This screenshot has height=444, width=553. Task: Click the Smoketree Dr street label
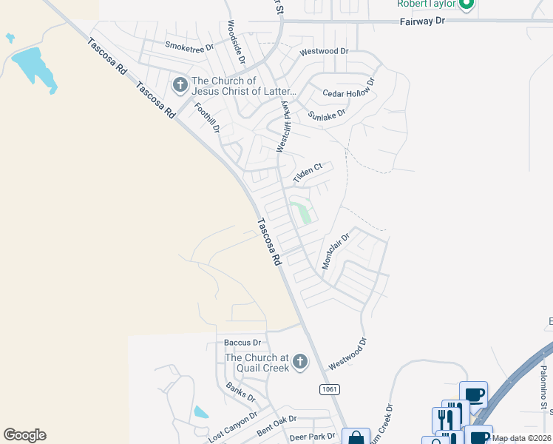tap(189, 46)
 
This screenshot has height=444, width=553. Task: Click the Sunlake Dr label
tap(326, 115)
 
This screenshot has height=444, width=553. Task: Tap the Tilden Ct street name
tap(308, 173)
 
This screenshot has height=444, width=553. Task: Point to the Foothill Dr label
tap(208, 116)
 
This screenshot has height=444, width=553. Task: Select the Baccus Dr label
tap(243, 343)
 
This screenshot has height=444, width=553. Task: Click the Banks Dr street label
tap(240, 393)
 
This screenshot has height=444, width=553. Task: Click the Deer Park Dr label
tap(313, 437)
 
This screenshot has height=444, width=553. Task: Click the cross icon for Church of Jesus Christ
tap(179, 86)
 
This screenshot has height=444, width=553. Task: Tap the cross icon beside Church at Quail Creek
tap(299, 362)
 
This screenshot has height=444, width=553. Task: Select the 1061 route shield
tap(330, 389)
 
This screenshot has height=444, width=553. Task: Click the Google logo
tap(24, 435)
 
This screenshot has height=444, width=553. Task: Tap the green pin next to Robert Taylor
tap(466, 5)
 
